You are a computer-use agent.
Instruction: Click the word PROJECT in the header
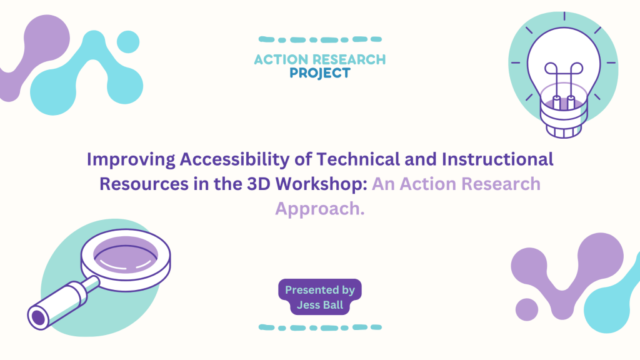[320, 74]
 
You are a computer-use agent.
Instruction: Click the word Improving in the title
[131, 159]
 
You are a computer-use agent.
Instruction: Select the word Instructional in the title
[497, 159]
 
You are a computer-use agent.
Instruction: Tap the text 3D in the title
[258, 184]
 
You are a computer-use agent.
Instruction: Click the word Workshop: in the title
[322, 184]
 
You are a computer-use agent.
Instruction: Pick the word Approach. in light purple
[320, 209]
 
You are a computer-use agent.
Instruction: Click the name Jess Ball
[320, 305]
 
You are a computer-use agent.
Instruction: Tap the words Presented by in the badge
[320, 290]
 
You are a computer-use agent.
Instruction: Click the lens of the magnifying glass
[126, 255]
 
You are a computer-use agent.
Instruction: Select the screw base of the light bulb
[564, 121]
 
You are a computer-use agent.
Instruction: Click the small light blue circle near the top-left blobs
[128, 42]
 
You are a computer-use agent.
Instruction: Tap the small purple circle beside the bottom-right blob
[527, 309]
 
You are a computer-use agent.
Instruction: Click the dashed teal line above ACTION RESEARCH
[320, 39]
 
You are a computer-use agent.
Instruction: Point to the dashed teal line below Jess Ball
[320, 327]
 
